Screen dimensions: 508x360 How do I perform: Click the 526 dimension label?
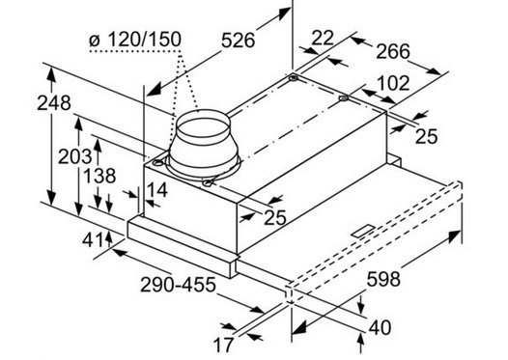click(x=239, y=41)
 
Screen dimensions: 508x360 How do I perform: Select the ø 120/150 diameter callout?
click(x=135, y=40)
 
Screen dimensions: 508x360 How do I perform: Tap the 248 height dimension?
click(x=54, y=103)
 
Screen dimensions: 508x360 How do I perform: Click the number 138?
click(x=99, y=176)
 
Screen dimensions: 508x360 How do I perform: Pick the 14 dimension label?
click(x=156, y=190)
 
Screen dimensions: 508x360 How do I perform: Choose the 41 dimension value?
click(x=93, y=240)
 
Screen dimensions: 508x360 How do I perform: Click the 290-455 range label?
click(x=178, y=285)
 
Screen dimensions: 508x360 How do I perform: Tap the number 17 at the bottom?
click(x=223, y=346)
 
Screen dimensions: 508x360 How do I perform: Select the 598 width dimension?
click(x=383, y=279)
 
